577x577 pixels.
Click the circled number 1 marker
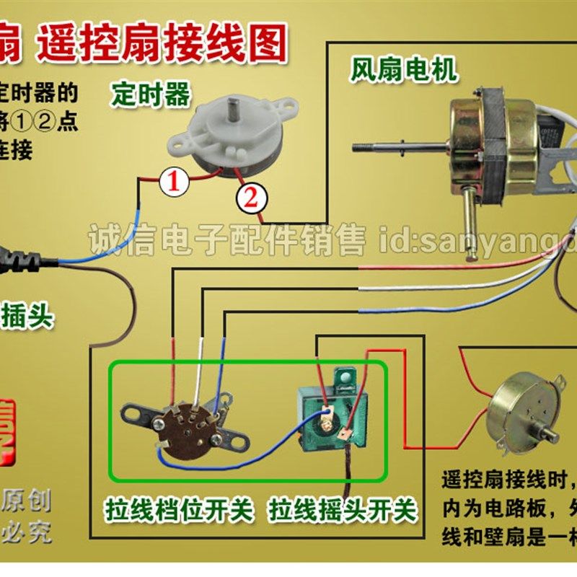pos(174,181)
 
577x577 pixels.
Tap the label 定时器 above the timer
pos(151,94)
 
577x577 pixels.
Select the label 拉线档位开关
pos(180,511)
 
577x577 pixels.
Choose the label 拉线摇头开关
pos(343,511)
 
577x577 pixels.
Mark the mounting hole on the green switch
pos(347,377)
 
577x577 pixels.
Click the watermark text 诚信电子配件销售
pos(226,239)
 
